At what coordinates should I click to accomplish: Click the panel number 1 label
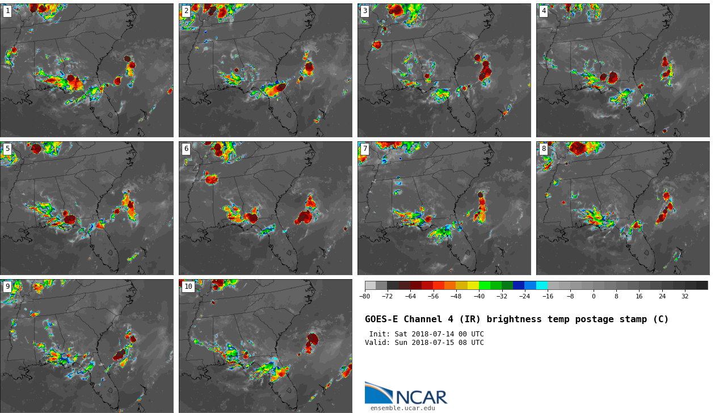tap(7, 11)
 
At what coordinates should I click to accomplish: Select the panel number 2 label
tap(186, 11)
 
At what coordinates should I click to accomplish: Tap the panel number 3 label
tap(365, 11)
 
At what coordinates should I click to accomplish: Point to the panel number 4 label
tap(544, 11)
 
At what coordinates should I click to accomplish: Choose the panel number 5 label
tap(7, 149)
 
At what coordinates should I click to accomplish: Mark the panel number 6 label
tap(186, 149)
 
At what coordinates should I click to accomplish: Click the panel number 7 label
tap(365, 149)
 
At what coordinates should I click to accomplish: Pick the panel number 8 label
tap(544, 149)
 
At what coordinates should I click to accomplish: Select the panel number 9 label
tap(7, 287)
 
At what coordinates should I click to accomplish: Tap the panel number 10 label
tap(188, 287)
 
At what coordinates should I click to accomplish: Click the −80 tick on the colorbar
tap(365, 296)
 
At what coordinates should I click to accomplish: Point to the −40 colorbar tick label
tap(480, 296)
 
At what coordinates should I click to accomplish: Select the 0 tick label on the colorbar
tap(594, 296)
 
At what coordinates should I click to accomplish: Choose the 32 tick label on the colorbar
tap(685, 296)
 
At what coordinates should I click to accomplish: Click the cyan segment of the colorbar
tap(542, 285)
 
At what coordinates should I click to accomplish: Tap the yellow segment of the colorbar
tap(473, 285)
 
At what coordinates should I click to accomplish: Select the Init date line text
tap(426, 334)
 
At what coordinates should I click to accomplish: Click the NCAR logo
tap(406, 394)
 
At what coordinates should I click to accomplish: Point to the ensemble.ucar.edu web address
tap(403, 408)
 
